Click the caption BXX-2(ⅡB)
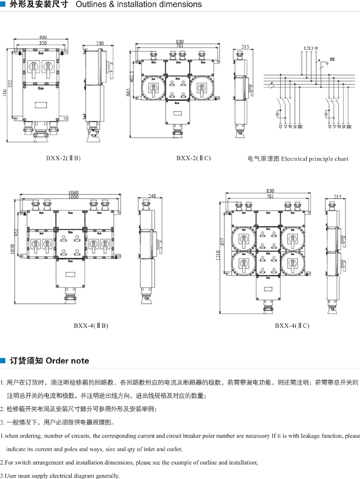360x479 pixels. coord(63,158)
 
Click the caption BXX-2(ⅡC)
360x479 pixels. coord(193,158)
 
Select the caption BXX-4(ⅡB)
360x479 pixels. coord(91,325)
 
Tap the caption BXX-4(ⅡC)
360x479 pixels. coord(292,325)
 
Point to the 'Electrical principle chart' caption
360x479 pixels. coord(298,159)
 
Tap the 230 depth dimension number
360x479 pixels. coord(100,44)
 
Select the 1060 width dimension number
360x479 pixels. coord(73,193)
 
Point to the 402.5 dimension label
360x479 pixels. coord(132,78)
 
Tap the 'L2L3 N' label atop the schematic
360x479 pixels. coord(310,48)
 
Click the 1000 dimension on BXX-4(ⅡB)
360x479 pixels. coord(73,197)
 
